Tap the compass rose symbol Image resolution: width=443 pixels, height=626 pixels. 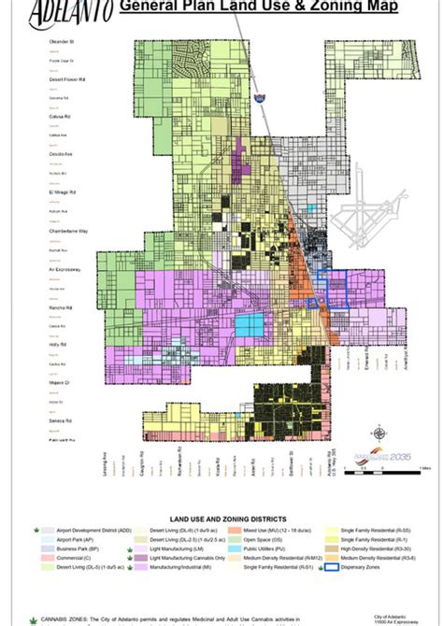pyautogui.click(x=379, y=433)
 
